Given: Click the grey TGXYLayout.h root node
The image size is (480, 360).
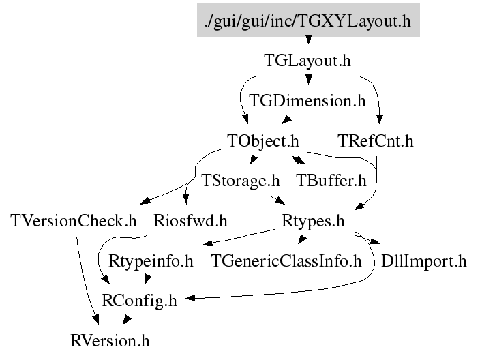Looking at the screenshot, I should [308, 21].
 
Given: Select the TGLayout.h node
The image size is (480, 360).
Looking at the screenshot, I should [307, 61].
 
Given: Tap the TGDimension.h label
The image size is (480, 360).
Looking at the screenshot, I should [307, 101].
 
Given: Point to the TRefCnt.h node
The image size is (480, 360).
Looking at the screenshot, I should [376, 141].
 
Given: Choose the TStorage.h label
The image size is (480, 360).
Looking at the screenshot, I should [241, 181].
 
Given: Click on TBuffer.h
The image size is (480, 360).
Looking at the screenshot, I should [331, 181].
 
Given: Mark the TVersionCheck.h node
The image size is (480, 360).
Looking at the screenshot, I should [74, 221].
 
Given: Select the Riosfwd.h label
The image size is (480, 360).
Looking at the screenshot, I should [190, 221].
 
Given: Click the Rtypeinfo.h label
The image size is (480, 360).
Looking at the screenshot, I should [151, 260].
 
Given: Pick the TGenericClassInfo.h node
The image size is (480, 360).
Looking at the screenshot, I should [286, 260].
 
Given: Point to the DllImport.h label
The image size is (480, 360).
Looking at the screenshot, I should [424, 260].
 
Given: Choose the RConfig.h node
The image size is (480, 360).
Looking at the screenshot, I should [139, 301].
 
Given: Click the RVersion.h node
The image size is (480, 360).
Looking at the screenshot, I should [110, 340].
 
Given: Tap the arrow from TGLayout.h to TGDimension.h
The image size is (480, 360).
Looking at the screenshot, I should [308, 81].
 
